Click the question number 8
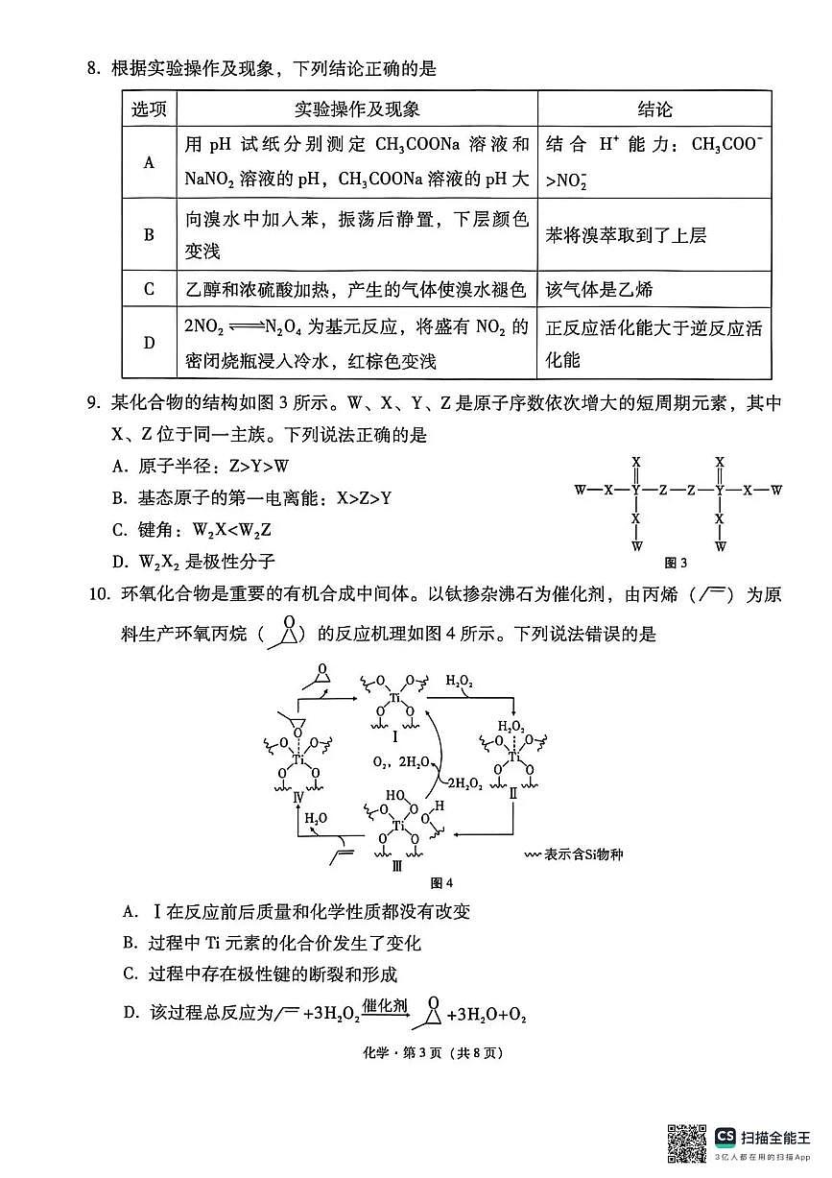[92, 69]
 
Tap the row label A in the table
[149, 162]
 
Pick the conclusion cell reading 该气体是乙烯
[600, 289]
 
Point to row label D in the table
[149, 343]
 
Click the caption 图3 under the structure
[676, 563]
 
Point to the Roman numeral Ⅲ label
[395, 866]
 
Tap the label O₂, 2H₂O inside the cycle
[398, 761]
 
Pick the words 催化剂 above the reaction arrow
[384, 1005]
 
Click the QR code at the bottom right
[687, 1142]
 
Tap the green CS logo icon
[725, 1137]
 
